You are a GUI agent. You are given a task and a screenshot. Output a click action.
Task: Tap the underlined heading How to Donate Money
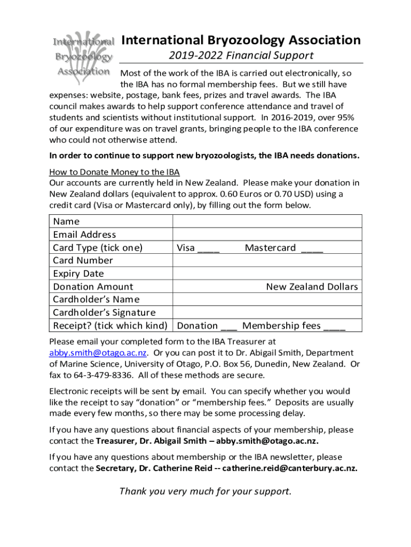point(114,171)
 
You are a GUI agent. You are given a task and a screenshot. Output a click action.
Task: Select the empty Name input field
point(267,221)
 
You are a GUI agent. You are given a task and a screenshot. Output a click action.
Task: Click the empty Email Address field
point(267,235)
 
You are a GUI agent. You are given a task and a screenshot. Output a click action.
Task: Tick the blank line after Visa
point(208,248)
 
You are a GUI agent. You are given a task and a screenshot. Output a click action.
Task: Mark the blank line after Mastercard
point(312,248)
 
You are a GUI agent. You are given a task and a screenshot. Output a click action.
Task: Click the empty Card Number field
point(267,261)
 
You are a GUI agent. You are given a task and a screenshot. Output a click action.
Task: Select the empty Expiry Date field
point(267,273)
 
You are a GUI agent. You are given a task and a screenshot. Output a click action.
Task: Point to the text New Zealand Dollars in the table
point(312,287)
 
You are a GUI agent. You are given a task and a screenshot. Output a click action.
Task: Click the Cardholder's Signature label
point(105,312)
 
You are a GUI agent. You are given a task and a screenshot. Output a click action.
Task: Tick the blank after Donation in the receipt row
point(229,326)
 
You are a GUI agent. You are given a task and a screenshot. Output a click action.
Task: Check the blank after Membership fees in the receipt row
point(334,326)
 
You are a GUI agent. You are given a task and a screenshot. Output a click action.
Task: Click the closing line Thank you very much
point(205,491)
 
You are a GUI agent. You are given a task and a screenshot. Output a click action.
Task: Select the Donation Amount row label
point(93,287)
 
